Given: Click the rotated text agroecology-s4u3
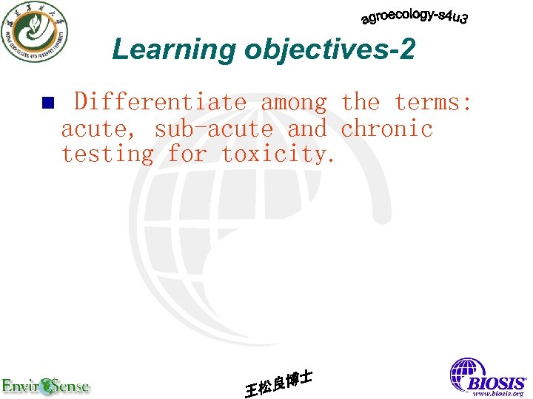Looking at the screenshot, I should point(415,16).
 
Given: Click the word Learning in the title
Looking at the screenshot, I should point(173,50).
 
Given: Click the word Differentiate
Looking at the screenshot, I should point(160,102).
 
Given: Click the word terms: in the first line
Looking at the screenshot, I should point(433,102).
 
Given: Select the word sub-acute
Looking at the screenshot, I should point(213,129).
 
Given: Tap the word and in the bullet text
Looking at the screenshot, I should point(306,129).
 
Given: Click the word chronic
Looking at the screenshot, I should point(386,129).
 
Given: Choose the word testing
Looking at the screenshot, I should point(107,154).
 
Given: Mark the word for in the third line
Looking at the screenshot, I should point(187,154).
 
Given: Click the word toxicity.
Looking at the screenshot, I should point(279,154).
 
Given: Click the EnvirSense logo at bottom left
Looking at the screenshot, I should point(46,385).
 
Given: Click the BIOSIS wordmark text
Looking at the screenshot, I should point(496,383).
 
